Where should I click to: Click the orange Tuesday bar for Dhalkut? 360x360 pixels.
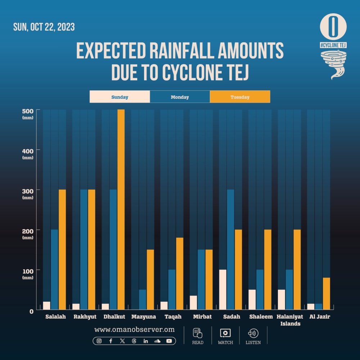coord(121,209)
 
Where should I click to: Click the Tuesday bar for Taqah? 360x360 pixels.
coord(180,274)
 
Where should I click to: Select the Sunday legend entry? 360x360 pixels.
coord(120,97)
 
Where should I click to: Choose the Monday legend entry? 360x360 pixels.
coord(180,97)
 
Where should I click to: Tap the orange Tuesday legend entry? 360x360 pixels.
coord(240,97)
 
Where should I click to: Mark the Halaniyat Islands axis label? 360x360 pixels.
coord(290,320)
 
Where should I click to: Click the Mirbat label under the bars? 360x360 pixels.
coord(202,317)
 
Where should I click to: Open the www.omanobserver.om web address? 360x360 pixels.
coord(134,329)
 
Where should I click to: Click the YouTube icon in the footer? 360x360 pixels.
coord(169,341)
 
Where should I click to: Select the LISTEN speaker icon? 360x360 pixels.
coord(253,333)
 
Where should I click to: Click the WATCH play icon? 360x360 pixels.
coord(225,333)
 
